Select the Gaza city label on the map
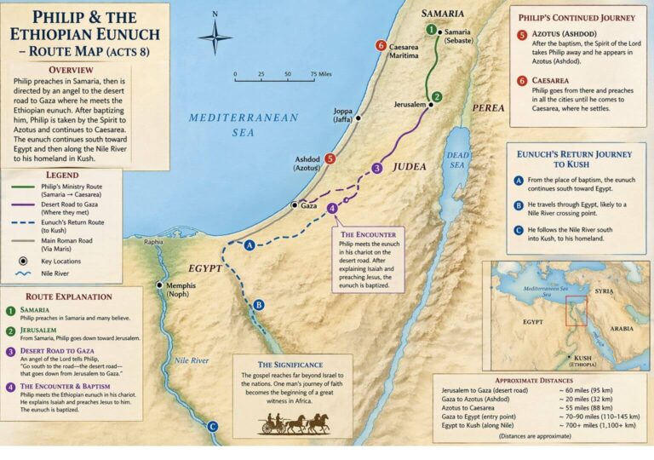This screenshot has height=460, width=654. point(308,205)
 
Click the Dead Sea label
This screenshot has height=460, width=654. point(458,158)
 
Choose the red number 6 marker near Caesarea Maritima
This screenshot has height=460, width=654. point(381,46)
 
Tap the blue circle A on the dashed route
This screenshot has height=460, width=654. point(250,244)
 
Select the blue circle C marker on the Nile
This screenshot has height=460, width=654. point(213,427)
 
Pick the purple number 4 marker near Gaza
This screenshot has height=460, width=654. point(332,208)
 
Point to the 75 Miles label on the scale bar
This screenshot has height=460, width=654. point(321,74)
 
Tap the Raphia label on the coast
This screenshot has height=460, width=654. point(153,242)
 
